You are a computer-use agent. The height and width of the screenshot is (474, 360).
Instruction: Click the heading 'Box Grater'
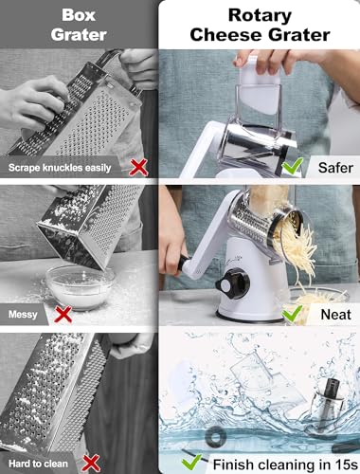pos(79,25)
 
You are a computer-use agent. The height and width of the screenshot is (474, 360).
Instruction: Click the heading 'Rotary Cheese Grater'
pos(260,25)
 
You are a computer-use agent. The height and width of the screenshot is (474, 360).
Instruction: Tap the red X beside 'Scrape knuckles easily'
pos(138,167)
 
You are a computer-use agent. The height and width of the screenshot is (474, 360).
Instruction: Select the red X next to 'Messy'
pos(63,315)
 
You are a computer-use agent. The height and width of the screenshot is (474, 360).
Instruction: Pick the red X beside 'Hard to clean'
pos(91,464)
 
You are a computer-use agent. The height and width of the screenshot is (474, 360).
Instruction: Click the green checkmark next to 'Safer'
pos(292,165)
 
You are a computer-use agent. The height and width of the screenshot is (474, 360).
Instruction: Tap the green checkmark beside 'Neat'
pos(292,313)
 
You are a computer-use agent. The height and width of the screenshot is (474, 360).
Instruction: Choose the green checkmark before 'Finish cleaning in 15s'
pos(191,462)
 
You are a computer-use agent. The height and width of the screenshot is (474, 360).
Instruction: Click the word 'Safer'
pos(335,168)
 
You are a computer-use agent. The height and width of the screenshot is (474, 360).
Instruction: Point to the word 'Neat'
pos(335,315)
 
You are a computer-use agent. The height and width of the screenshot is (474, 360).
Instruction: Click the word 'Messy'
pos(23,315)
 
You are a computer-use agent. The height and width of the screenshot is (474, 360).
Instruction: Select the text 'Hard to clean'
pos(38,464)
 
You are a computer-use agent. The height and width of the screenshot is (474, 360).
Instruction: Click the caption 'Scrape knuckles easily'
pos(60,168)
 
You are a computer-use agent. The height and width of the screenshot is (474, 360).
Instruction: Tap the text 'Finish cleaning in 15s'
pos(285,465)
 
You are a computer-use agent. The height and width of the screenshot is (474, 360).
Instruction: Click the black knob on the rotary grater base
pos(232,283)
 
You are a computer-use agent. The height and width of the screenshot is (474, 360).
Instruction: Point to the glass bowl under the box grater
pos(81,287)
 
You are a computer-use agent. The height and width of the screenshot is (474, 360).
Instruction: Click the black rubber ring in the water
pos(215,437)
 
